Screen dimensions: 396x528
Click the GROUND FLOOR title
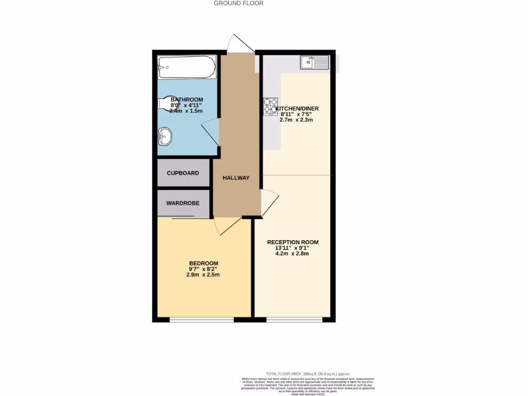(239, 3)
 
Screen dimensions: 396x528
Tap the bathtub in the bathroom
(186, 67)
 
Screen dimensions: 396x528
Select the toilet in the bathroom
(164, 104)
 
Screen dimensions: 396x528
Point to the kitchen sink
(314, 62)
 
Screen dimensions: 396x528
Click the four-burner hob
(270, 107)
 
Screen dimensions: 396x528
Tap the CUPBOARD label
(183, 173)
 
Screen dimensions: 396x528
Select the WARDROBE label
(183, 203)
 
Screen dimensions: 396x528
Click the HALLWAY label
(236, 178)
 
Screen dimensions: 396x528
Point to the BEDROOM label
(203, 263)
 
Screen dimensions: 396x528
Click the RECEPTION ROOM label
(292, 242)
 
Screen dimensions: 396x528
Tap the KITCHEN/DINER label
(298, 108)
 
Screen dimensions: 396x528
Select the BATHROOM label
(187, 100)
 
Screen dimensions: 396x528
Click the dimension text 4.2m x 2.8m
(292, 254)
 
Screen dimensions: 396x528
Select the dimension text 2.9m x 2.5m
(203, 275)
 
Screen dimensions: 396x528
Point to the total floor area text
(308, 374)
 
